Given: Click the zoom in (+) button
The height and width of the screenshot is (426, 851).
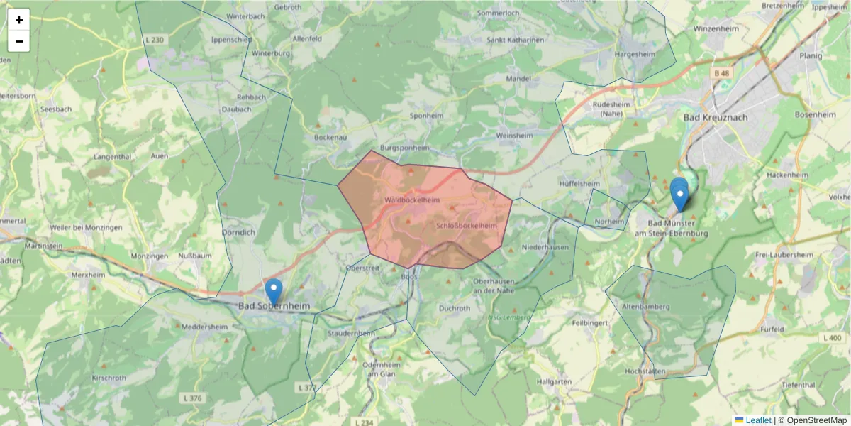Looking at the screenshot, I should pyautogui.click(x=19, y=20).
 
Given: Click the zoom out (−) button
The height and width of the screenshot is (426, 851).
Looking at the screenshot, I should pyautogui.click(x=19, y=41).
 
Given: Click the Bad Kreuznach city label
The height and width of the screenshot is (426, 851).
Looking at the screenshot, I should pyautogui.click(x=716, y=117).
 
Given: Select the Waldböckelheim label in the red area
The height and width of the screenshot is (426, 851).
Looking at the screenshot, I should pyautogui.click(x=412, y=200).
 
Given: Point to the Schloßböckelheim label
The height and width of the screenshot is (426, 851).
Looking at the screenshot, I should pyautogui.click(x=467, y=226).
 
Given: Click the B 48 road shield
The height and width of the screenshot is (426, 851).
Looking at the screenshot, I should pyautogui.click(x=722, y=72).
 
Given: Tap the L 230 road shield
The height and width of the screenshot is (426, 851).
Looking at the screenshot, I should pyautogui.click(x=154, y=40).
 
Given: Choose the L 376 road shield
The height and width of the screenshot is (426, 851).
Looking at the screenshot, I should pyautogui.click(x=191, y=398).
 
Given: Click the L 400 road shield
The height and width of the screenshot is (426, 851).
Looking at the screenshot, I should pyautogui.click(x=833, y=338).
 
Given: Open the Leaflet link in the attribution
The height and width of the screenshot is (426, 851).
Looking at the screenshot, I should pyautogui.click(x=757, y=420).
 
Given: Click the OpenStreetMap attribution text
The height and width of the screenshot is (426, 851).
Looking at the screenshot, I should pyautogui.click(x=812, y=420).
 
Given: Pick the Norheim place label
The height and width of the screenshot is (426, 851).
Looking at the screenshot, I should pyautogui.click(x=610, y=222).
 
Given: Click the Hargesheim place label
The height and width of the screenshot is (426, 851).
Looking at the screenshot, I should pyautogui.click(x=635, y=53).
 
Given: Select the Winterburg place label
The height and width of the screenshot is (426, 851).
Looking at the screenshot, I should pyautogui.click(x=272, y=53).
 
